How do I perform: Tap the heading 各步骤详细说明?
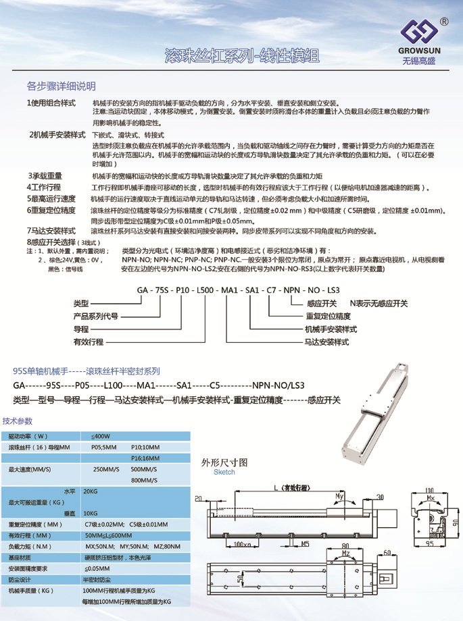tap(61, 86)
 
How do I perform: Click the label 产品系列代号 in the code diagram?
tap(95, 317)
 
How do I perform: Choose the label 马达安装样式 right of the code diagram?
tap(327, 342)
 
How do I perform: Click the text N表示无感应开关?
tap(379, 304)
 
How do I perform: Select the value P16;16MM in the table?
tap(143, 458)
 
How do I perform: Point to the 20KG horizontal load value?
tap(90, 491)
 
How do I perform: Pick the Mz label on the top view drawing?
tap(345, 553)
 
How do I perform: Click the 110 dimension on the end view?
tap(428, 491)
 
